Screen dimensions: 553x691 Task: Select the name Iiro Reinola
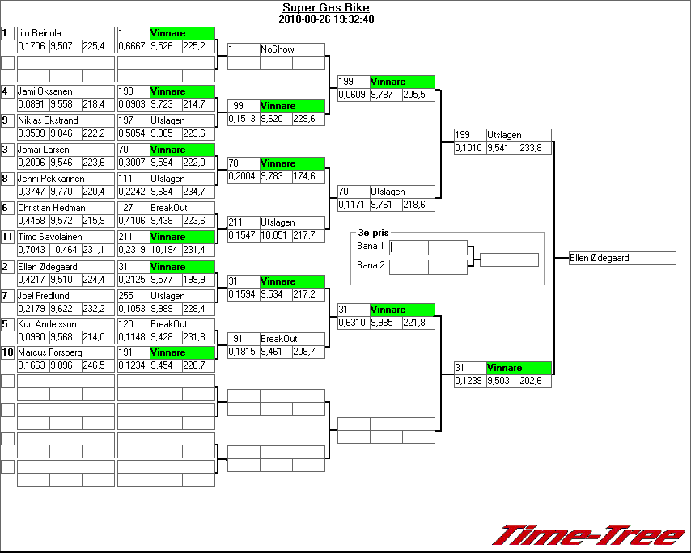(40, 33)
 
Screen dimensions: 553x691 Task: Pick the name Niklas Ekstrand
(44, 120)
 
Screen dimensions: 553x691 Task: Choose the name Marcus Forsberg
(45, 352)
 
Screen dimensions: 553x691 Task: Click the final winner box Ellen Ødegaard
(622, 258)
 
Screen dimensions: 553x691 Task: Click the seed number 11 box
(7, 237)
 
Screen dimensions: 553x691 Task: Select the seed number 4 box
(7, 91)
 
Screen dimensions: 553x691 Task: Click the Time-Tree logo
(588, 535)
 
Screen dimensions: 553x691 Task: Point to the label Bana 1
(371, 246)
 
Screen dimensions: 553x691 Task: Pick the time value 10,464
(65, 250)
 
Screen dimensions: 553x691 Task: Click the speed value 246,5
(97, 365)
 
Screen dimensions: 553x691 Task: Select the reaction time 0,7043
(32, 250)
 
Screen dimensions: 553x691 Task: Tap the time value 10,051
(275, 234)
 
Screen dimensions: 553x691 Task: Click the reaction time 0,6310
(353, 323)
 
